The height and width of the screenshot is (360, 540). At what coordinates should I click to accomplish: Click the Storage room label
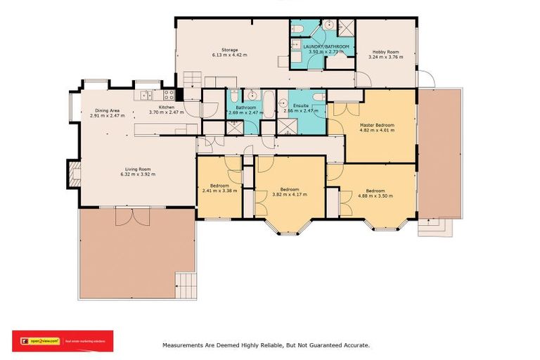click(x=229, y=49)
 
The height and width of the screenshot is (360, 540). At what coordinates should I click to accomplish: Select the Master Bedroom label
click(x=377, y=125)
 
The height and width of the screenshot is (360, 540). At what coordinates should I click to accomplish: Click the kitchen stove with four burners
click(x=169, y=95)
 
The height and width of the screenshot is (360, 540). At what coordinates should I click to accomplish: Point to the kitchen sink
click(x=144, y=95)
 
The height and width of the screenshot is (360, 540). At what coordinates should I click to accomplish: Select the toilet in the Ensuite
click(x=318, y=97)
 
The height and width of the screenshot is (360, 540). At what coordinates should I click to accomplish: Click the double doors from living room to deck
click(x=132, y=215)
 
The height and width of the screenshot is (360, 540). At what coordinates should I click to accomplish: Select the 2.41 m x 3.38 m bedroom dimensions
click(x=219, y=191)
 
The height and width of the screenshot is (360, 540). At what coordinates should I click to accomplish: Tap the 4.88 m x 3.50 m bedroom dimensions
click(x=375, y=195)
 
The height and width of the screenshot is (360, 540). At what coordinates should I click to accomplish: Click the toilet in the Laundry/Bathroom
click(x=299, y=29)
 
